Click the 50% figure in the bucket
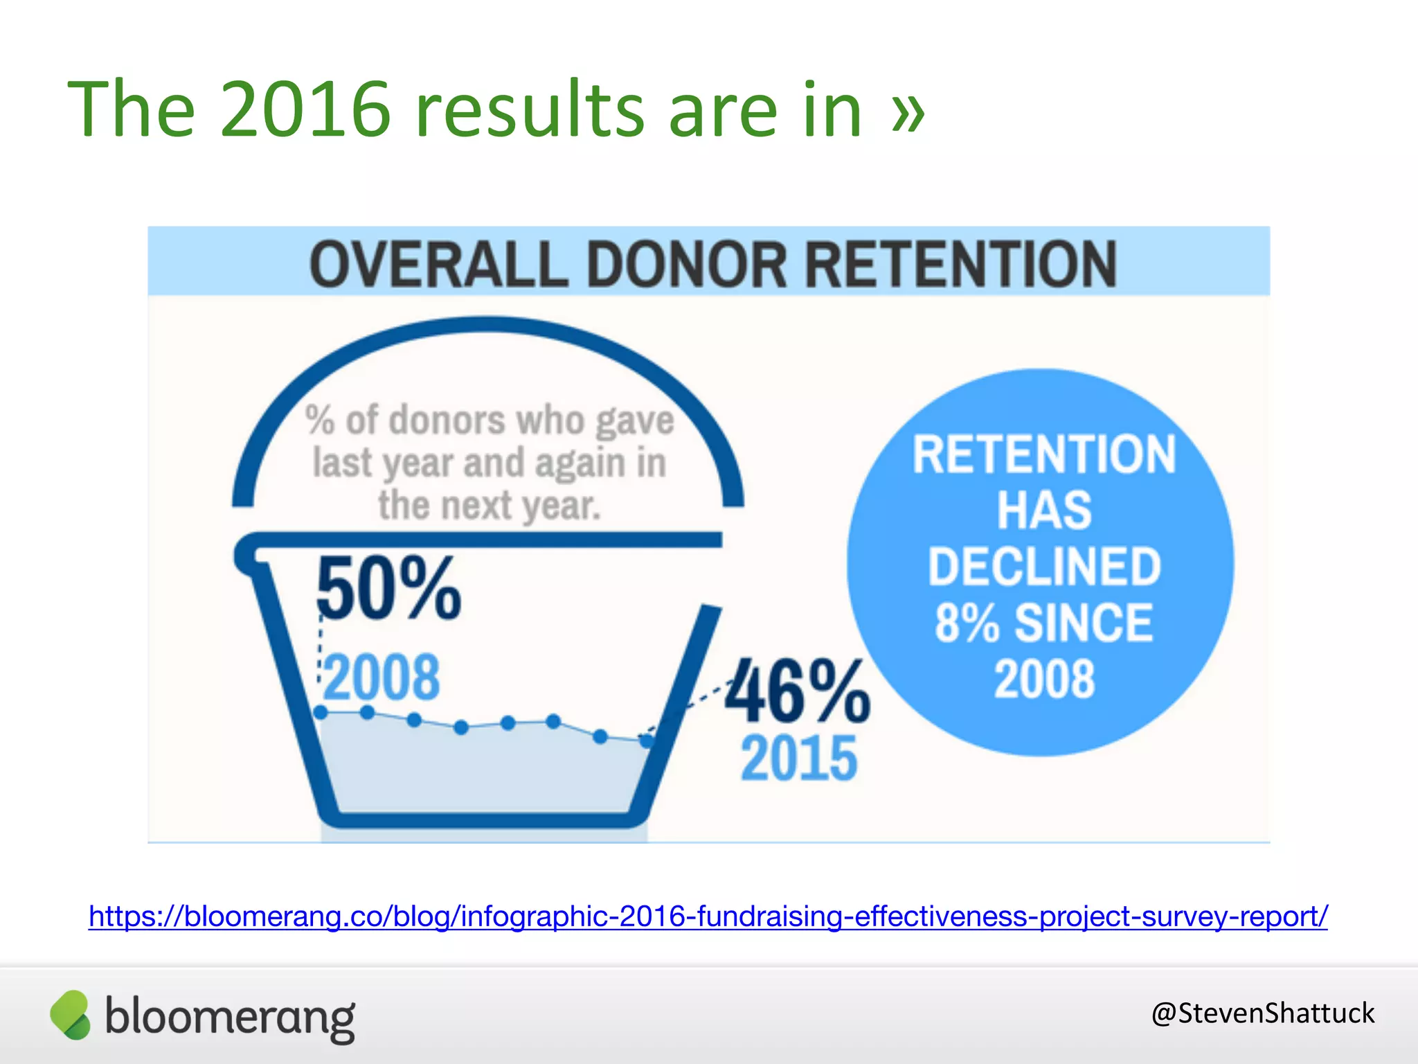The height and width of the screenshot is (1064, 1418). tap(388, 589)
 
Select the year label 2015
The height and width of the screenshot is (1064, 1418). tap(798, 759)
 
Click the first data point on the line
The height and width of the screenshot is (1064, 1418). tap(321, 712)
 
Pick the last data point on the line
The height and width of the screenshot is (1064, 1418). tap(646, 741)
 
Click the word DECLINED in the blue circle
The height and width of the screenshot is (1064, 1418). tap(1043, 567)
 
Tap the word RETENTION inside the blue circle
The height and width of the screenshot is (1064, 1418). tap(1043, 454)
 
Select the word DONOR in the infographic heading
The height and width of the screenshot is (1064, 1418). tap(687, 265)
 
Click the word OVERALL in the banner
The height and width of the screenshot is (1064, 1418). tap(438, 265)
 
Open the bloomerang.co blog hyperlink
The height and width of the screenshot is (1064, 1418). tap(708, 916)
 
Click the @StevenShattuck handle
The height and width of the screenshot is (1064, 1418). tap(1262, 1013)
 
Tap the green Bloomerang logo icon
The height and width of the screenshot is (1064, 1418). tap(70, 1015)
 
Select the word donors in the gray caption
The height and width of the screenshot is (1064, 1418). tap(447, 420)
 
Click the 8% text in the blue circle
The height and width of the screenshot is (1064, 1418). tap(967, 623)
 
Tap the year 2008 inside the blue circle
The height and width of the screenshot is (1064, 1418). tap(1043, 679)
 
